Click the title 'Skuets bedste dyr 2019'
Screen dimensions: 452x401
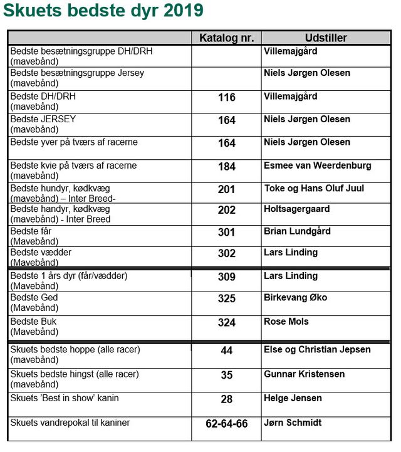point(103,11)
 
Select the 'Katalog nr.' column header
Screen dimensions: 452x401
point(226,38)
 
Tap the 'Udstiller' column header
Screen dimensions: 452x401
point(326,38)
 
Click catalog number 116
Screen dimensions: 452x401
point(226,98)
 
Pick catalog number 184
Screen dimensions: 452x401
point(226,167)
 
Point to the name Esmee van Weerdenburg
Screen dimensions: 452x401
point(318,166)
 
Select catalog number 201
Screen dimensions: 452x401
point(226,189)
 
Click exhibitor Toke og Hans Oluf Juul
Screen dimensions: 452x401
point(314,188)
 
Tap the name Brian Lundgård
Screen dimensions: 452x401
point(297,231)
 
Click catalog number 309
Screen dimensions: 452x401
point(226,277)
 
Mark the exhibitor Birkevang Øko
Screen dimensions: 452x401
point(295,297)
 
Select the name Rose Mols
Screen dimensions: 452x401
point(286,321)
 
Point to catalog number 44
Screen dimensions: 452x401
point(226,350)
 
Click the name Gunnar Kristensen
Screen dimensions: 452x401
point(305,374)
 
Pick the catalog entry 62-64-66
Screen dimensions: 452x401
point(226,424)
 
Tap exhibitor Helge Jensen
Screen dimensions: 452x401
point(293,397)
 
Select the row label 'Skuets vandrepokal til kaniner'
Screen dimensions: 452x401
point(70,423)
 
